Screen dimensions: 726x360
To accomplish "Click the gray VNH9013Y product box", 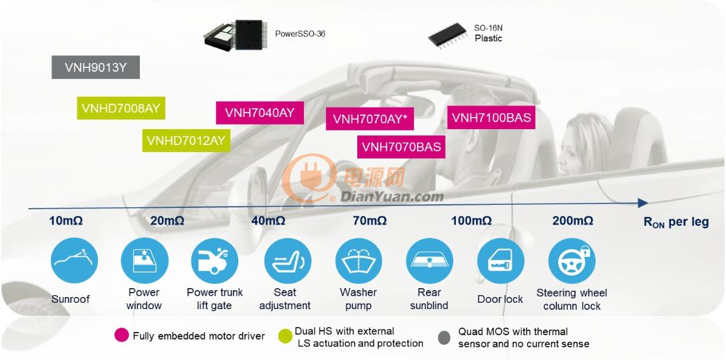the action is point(95,67).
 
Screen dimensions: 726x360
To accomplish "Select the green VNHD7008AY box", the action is point(121,108).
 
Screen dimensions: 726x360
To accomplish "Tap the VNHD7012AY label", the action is point(186,140).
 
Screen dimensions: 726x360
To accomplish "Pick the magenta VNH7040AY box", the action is point(260,113).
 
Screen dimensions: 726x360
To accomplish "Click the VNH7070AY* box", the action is point(369,119).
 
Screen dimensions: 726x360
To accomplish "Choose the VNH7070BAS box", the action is point(401,147).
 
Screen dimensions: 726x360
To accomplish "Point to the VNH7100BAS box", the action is point(491,117).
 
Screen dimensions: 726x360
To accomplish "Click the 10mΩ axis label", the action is point(66,221).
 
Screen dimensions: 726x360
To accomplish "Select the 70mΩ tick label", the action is point(369,221).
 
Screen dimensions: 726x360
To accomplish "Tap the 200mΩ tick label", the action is point(572,221).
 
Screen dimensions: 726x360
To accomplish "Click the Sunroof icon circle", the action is point(74,260).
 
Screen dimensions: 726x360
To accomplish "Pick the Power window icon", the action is point(144,260).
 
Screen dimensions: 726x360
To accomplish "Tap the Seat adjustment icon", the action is point(287,260).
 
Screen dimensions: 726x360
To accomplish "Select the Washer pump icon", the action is point(359,260).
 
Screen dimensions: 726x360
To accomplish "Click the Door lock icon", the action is point(500,260).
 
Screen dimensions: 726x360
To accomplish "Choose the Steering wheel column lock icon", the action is point(572,260).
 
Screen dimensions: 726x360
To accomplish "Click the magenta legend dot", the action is point(121,335).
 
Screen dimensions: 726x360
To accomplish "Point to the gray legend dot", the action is point(444,338).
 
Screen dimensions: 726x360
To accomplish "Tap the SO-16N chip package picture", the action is point(447,36).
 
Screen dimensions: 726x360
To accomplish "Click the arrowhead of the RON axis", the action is point(643,203).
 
